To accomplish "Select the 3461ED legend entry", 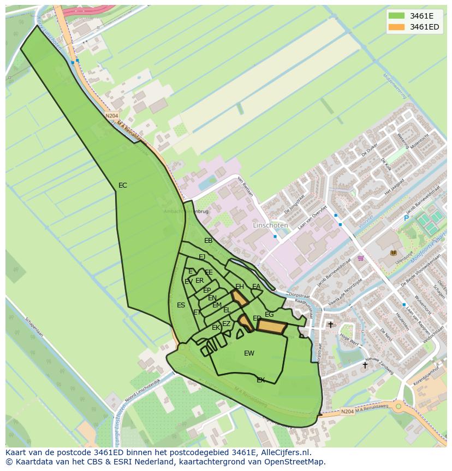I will (x=413, y=27).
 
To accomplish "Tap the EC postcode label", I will (x=123, y=185).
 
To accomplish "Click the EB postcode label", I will (x=209, y=241).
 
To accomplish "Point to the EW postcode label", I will (x=249, y=353).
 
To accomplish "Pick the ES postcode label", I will (x=181, y=305).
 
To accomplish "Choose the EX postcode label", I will (x=261, y=380).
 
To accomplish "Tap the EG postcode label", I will (x=269, y=315).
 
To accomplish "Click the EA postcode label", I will (x=256, y=287).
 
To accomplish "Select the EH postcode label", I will (x=240, y=287).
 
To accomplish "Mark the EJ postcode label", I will (x=202, y=257).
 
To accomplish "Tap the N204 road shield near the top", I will (x=112, y=115).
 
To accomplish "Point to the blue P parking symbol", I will (x=406, y=218).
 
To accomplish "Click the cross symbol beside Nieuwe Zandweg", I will (x=365, y=365).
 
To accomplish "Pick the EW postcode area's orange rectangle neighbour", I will (x=272, y=327).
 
